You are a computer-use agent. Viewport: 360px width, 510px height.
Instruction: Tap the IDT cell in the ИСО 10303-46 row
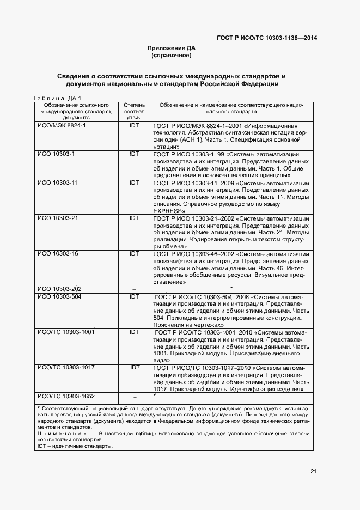point(134,254)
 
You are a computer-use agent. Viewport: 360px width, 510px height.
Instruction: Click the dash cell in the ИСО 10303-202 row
point(134,289)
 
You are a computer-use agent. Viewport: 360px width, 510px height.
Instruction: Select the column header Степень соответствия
point(134,111)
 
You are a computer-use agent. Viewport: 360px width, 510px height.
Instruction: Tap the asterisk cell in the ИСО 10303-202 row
point(231,288)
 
